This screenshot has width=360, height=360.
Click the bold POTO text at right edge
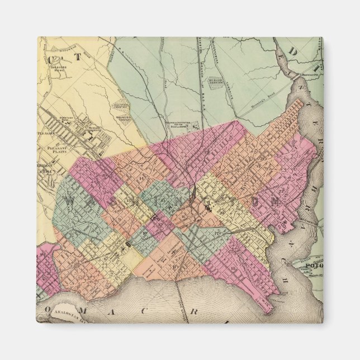click(310, 267)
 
